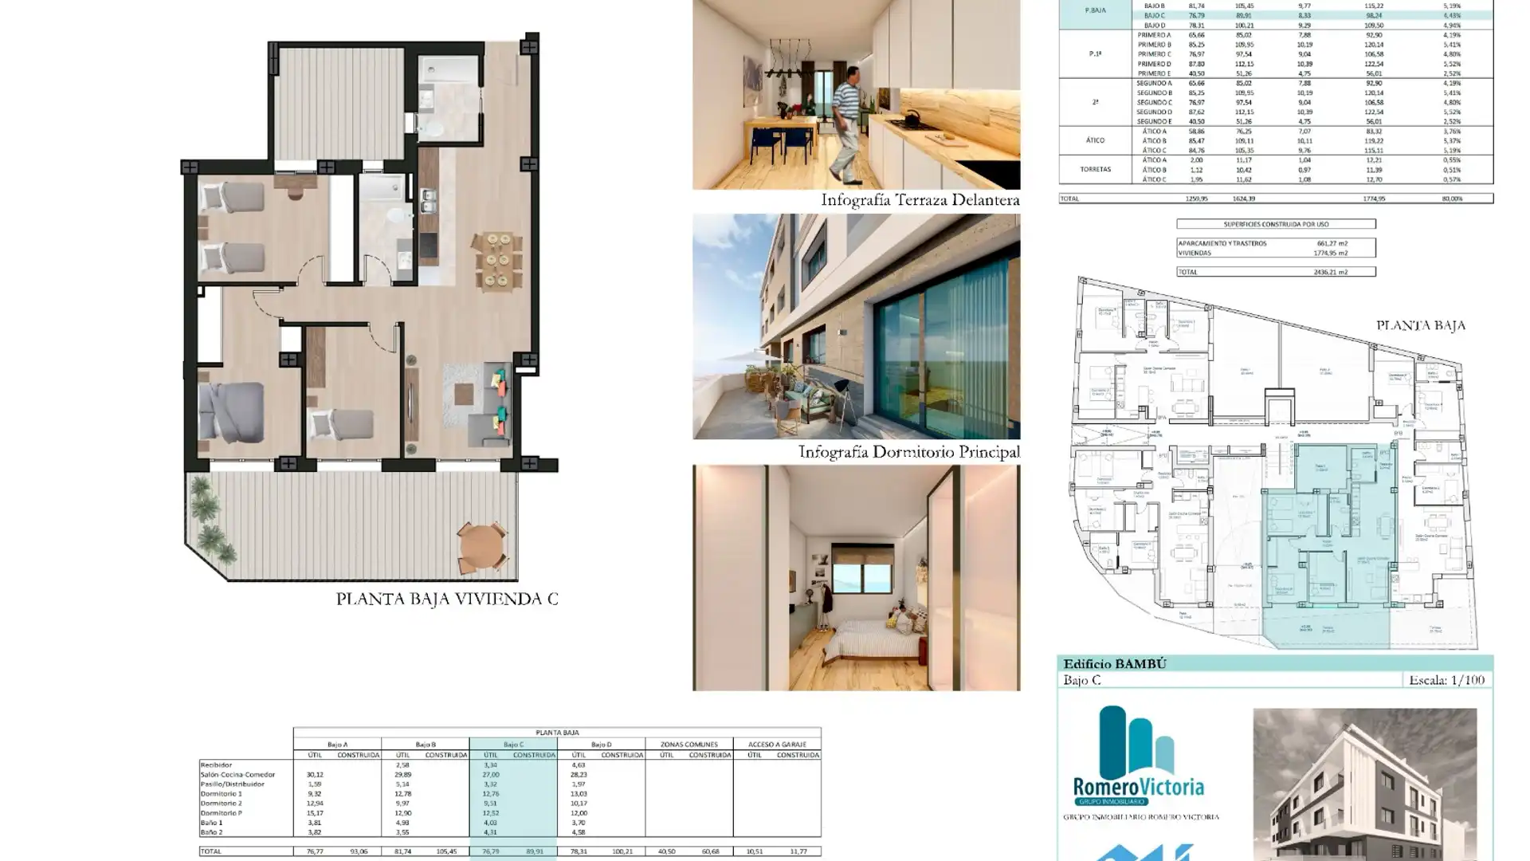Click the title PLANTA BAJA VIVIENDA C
click(446, 599)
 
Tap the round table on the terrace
click(481, 545)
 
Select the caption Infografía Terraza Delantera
click(920, 200)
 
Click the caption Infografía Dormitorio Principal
click(908, 452)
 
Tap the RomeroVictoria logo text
click(1138, 787)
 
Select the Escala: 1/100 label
click(1446, 680)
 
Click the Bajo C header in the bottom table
click(512, 744)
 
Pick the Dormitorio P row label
click(221, 812)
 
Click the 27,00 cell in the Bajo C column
click(490, 774)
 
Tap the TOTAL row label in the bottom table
click(211, 851)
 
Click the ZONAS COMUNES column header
click(688, 744)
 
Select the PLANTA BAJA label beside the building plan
click(1420, 325)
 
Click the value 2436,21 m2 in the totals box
click(1330, 272)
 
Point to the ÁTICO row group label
click(1094, 140)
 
